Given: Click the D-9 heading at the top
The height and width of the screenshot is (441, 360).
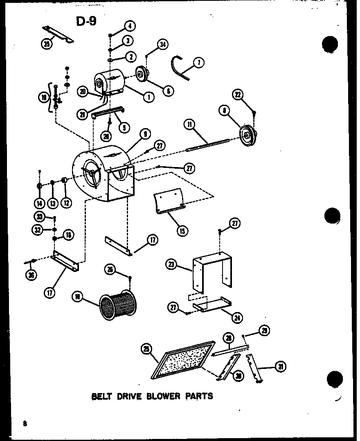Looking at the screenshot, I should pos(86,21).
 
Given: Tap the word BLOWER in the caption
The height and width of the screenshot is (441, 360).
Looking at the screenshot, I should pos(163,396).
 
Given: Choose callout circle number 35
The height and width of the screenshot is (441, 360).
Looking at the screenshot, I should pos(47,44).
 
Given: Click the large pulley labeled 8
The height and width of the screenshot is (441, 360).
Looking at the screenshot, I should pos(247,134).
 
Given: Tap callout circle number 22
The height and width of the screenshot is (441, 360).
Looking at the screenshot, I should pos(239,95).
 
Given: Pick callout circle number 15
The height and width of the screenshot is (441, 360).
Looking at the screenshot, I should pos(182,231).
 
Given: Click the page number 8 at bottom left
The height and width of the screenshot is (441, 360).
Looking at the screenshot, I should pos(25,424).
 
